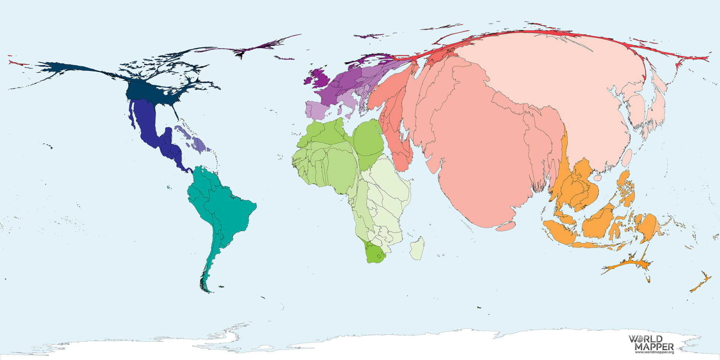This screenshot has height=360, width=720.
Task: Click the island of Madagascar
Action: pos(417,248)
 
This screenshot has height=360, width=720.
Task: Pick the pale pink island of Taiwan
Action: pos(627,157)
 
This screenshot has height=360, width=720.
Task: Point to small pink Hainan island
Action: pos(597,178)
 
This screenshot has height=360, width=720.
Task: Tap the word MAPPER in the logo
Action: pos(654,346)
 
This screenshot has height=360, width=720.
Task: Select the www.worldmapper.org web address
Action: pos(654,352)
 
